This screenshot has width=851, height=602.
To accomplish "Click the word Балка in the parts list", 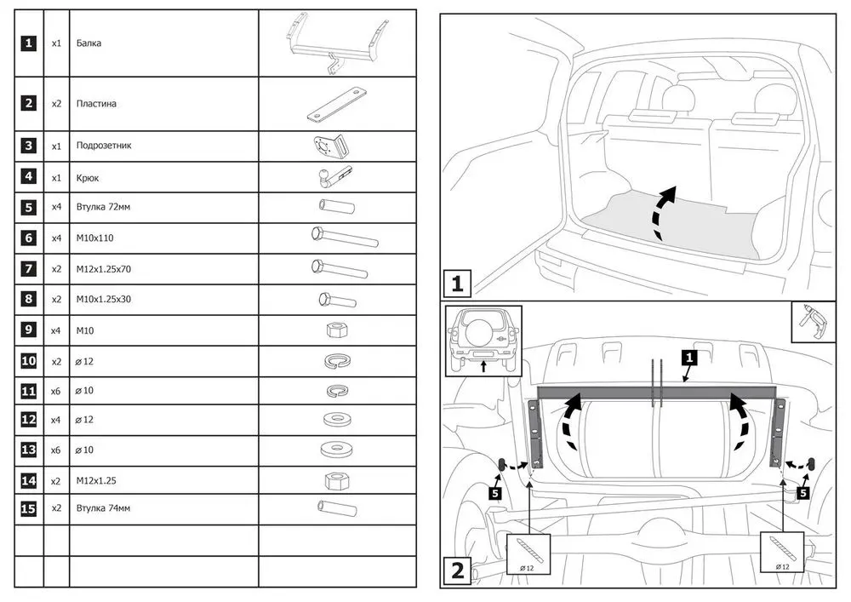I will click(89, 43).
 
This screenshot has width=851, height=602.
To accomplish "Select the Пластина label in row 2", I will click(96, 104).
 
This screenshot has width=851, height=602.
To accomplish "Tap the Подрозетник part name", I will click(104, 146).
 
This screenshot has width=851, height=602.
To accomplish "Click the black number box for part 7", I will click(29, 269).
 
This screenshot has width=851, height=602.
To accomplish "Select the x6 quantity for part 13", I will click(56, 450).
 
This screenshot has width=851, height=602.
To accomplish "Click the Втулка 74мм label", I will click(103, 508).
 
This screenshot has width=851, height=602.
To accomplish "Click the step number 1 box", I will click(458, 282).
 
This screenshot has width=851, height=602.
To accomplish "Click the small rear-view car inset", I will click(483, 341).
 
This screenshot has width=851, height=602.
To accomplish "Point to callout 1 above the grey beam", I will click(689, 358).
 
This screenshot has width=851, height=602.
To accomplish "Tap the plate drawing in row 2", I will click(337, 105).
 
